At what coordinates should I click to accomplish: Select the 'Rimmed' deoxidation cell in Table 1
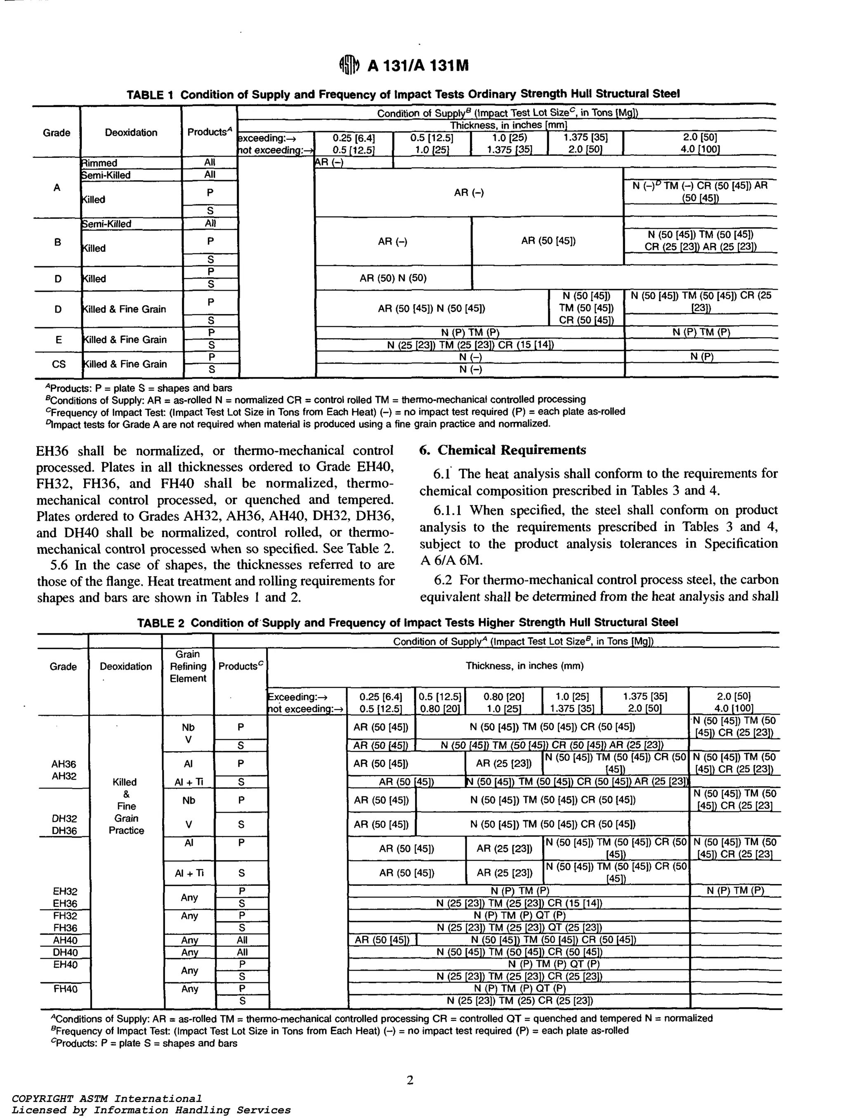100,163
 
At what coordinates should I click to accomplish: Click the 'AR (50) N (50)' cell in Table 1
393,278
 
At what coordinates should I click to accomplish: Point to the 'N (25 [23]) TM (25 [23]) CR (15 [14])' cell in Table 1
470,345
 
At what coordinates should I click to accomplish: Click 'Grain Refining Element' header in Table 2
188,666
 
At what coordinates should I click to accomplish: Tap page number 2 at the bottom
410,1080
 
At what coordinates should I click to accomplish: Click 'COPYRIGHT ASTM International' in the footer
106,1099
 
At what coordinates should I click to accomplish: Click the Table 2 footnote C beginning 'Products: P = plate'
144,1043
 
